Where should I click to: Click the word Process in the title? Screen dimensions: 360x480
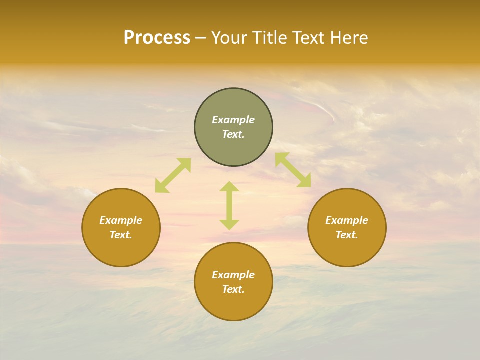157,38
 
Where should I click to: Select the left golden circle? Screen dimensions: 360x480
121,250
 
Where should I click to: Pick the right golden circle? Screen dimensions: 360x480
347,250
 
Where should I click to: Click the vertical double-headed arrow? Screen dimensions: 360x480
229,205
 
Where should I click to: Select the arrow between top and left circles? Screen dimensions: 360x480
173,175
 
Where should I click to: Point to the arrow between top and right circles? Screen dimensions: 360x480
293,170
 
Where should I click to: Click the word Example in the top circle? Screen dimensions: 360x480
233,120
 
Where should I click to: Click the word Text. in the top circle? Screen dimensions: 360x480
233,134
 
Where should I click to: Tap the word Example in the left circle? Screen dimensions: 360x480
121,220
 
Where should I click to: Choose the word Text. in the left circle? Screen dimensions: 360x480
121,235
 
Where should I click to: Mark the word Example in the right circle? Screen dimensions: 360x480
347,220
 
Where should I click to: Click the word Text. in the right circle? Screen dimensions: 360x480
347,235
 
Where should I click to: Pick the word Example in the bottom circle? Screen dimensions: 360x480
233,275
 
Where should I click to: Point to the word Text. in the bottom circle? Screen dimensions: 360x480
233,289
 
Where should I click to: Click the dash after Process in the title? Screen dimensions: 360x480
201,39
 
